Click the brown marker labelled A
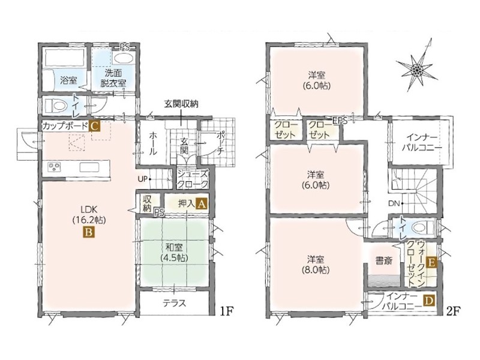202,203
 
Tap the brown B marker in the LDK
88,233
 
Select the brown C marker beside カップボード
94,126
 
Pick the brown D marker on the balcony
428,301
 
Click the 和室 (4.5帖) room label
174,252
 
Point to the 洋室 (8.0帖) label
316,265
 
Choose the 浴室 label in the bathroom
68,80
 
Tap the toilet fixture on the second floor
422,227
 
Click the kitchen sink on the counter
89,167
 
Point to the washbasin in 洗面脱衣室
122,58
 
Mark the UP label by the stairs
143,179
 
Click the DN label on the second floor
394,203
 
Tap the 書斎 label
384,262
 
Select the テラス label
174,303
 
